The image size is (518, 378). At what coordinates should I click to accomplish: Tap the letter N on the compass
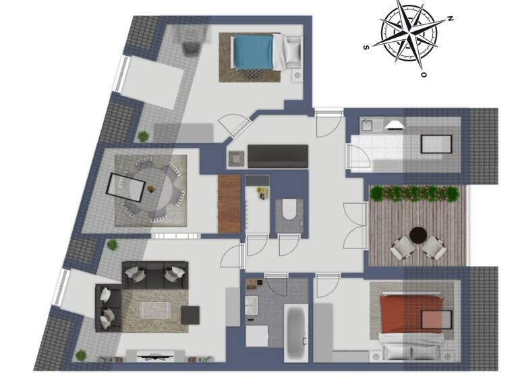pos(449,18)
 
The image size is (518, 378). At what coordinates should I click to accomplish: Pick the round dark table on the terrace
pos(419,235)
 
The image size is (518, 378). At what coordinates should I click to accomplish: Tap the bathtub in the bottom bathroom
pos(295,333)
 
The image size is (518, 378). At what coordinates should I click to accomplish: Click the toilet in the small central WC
pos(288,210)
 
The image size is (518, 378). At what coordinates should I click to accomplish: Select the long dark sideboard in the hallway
pos(278,156)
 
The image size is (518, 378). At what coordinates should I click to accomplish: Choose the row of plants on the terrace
pos(416,194)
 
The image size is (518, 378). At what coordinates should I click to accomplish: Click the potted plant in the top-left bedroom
pos(143,136)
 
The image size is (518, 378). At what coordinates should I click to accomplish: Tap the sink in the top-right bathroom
pos(368,125)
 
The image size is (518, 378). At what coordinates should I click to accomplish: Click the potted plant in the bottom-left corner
pos(81,354)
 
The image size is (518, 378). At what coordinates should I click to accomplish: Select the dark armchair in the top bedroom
pos(190,48)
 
